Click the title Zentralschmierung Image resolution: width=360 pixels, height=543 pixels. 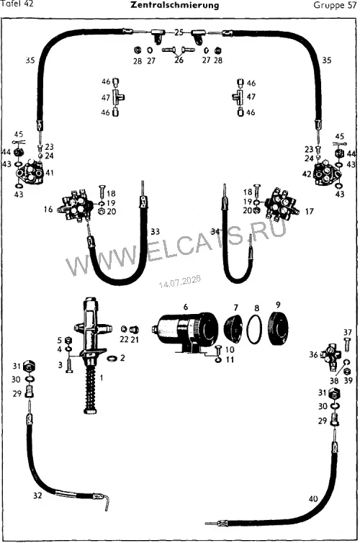point(175,5)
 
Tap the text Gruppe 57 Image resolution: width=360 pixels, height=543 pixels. point(335,5)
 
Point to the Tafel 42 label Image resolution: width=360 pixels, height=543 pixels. point(17,4)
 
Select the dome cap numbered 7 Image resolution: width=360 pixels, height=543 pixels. point(234,327)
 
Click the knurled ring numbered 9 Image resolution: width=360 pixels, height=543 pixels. point(279,328)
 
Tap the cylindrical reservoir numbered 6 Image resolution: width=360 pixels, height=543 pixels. point(185,330)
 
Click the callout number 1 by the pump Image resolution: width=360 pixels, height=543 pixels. point(101,377)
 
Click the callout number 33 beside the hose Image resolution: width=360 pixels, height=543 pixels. point(155,231)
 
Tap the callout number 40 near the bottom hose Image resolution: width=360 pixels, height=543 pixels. point(313,498)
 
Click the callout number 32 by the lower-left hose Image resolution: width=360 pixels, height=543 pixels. point(37,495)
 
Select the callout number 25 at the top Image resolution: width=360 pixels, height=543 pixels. point(179,32)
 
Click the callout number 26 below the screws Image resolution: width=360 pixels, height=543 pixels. point(179,60)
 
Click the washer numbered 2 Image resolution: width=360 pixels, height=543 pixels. point(112,358)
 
